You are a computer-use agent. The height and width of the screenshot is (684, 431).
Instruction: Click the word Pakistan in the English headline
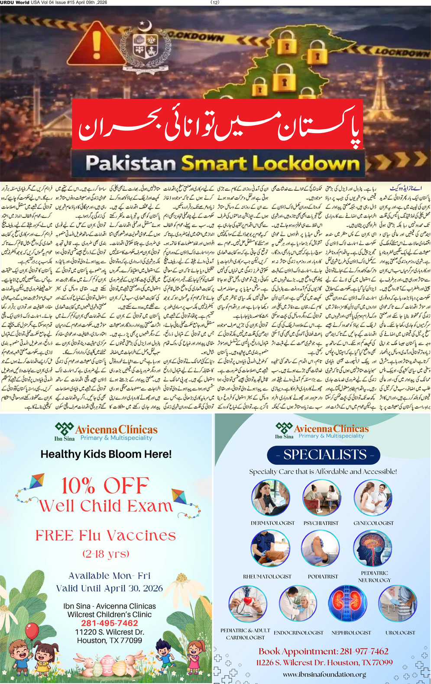pyautogui.click(x=130, y=163)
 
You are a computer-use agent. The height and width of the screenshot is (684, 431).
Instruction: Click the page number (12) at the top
pyautogui.click(x=215, y=3)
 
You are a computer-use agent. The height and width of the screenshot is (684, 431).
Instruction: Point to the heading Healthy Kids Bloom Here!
pyautogui.click(x=106, y=454)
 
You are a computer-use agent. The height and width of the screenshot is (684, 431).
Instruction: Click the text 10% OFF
pyautogui.click(x=105, y=485)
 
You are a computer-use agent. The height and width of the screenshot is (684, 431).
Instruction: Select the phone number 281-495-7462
pyautogui.click(x=109, y=623)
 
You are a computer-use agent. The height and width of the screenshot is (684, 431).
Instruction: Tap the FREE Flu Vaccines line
pyautogui.click(x=106, y=535)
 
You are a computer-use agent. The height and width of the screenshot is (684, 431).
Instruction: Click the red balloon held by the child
pyautogui.click(x=32, y=631)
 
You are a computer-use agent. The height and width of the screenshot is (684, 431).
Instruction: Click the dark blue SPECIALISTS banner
pyautogui.click(x=324, y=455)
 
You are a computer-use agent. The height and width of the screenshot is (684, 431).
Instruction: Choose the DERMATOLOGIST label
pyautogui.click(x=272, y=523)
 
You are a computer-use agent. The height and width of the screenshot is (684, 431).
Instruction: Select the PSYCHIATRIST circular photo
pyautogui.click(x=321, y=497)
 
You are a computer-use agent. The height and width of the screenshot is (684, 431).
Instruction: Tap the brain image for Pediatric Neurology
pyautogui.click(x=372, y=549)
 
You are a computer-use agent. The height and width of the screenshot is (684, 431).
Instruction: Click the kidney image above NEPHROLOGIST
pyautogui.click(x=347, y=603)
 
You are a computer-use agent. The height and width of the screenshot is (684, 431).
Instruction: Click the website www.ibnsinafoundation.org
pyautogui.click(x=324, y=674)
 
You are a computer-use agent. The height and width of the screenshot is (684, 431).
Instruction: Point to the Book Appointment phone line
pyautogui.click(x=323, y=651)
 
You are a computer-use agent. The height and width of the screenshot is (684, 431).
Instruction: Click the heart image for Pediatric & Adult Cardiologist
pyautogui.click(x=248, y=603)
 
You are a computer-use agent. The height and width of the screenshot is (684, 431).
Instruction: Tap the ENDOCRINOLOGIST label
pyautogui.click(x=298, y=633)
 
